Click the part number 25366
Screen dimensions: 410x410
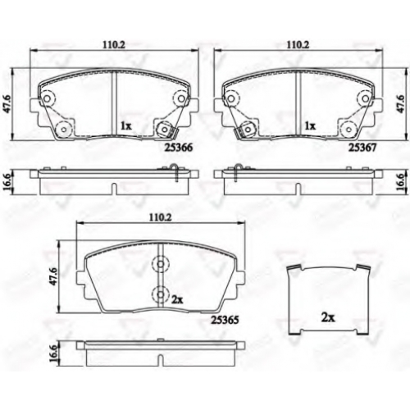point(179,148)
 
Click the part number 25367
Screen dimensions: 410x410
point(362,148)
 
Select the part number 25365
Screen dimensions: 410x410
point(225,320)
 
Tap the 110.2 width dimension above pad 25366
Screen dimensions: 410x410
point(114,45)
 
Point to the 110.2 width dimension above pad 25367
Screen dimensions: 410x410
point(298,45)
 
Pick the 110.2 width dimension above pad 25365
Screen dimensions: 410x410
point(161,217)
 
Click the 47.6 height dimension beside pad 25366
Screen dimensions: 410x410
point(7,104)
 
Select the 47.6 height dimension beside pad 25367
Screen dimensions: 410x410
point(400,104)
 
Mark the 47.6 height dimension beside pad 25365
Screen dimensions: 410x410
point(54,276)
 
